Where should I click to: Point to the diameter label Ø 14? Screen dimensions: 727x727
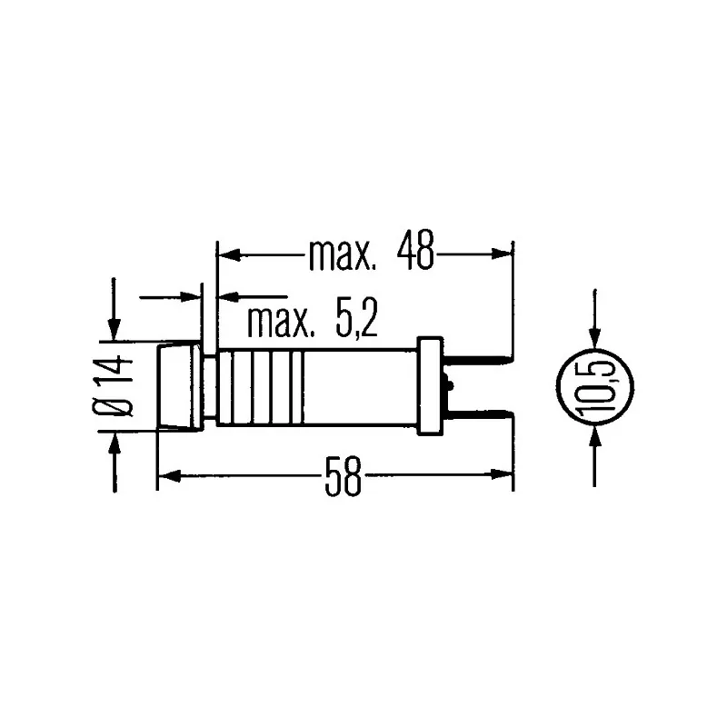pyautogui.click(x=115, y=386)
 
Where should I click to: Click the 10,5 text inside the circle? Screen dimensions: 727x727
pyautogui.click(x=594, y=386)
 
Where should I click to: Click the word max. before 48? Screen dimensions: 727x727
pyautogui.click(x=342, y=254)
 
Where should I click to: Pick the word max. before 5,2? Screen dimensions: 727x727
pyautogui.click(x=281, y=321)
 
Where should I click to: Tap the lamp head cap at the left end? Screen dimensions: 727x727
pyautogui.click(x=179, y=386)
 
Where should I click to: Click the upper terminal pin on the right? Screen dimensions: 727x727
pyautogui.click(x=477, y=361)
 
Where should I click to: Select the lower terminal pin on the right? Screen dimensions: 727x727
pyautogui.click(x=477, y=413)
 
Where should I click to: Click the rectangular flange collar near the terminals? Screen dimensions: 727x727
pyautogui.click(x=430, y=386)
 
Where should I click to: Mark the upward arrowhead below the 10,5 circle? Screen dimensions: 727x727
pyautogui.click(x=594, y=436)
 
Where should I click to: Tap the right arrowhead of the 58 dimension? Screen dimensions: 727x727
pyautogui.click(x=505, y=473)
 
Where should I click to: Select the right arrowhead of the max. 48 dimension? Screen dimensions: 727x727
pyautogui.click(x=505, y=254)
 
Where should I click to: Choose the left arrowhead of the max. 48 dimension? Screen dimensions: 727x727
pyautogui.click(x=224, y=254)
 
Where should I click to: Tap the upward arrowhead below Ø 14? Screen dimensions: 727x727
pyautogui.click(x=115, y=441)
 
